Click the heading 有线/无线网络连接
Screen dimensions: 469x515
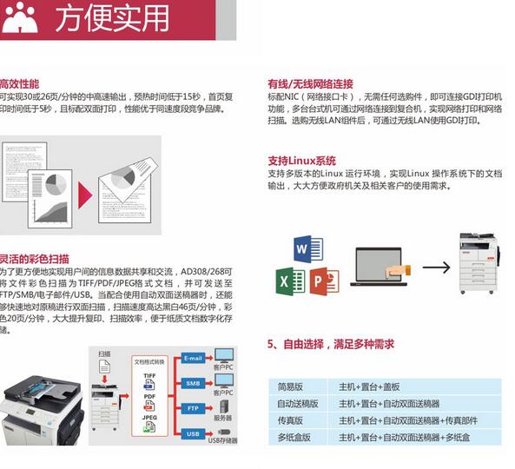[x=310, y=84]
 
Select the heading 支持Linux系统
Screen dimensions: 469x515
[x=301, y=161]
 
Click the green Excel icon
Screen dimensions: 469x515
[x=288, y=281]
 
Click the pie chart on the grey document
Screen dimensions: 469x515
[x=54, y=183]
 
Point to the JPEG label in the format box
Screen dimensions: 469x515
[x=149, y=417]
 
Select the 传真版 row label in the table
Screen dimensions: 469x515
[x=291, y=420]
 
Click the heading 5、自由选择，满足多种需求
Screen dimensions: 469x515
[x=331, y=345]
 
